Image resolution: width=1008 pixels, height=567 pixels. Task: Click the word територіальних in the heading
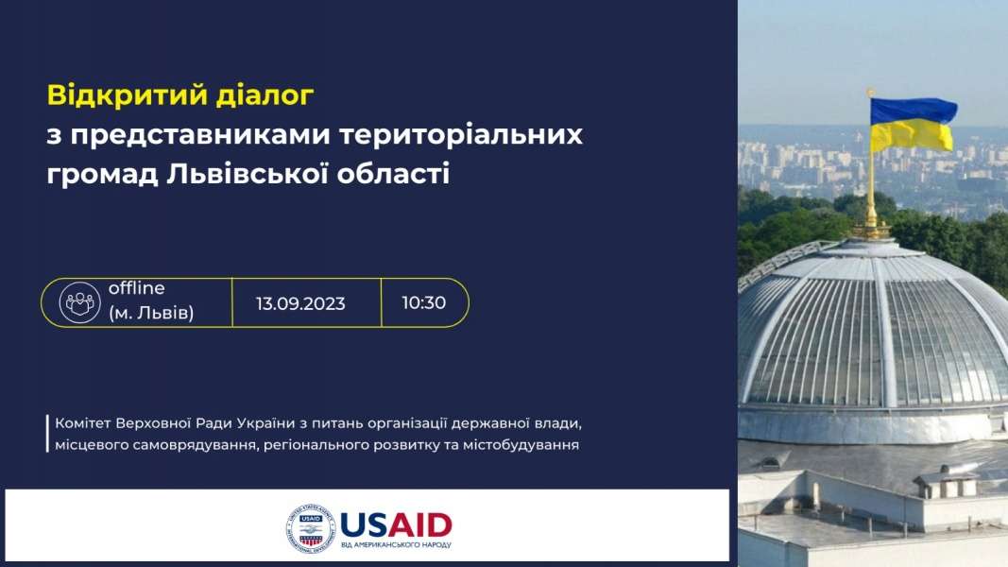(x=461, y=136)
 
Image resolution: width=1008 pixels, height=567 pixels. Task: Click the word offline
(x=136, y=288)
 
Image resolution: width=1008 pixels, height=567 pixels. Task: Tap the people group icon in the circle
(x=79, y=302)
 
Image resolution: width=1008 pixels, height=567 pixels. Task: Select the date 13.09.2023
(x=300, y=303)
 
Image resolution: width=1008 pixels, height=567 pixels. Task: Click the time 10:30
(x=423, y=302)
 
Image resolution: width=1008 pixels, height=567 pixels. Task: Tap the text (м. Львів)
(x=151, y=313)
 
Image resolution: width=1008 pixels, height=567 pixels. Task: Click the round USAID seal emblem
(x=311, y=528)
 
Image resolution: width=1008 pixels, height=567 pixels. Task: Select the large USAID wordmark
(x=396, y=525)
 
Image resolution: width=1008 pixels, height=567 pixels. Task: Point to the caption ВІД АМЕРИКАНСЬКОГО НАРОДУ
(x=396, y=545)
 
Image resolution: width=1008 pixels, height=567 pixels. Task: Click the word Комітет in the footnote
(x=83, y=423)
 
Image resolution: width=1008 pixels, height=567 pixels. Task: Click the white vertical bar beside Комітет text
(x=47, y=434)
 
